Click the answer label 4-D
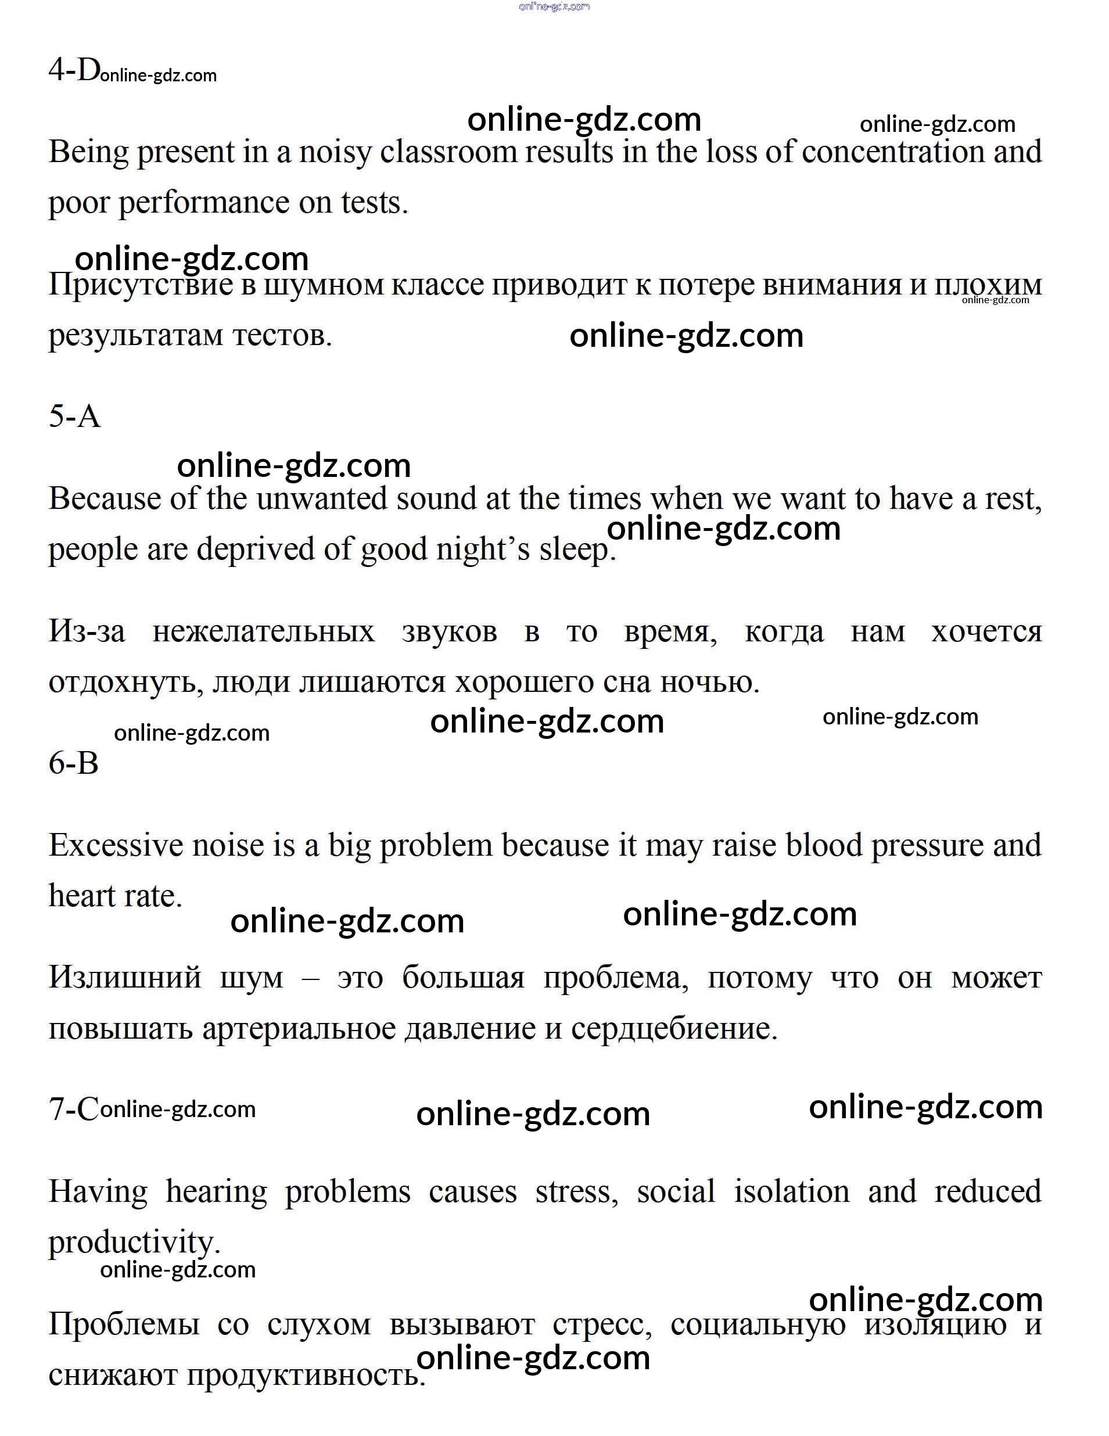74,70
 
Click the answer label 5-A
74,416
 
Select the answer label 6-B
74,763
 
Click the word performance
204,203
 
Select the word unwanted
321,498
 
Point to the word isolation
791,1192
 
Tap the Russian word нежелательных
264,632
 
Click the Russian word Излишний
125,978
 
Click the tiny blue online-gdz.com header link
554,6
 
